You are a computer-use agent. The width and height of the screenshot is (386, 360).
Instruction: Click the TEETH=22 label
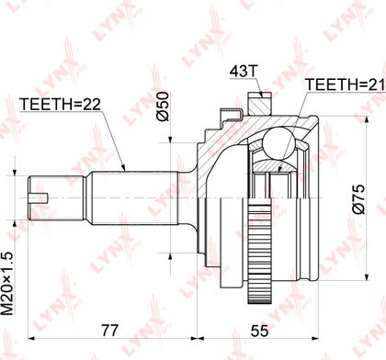[60, 105]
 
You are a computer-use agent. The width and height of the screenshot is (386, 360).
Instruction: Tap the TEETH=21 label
[346, 84]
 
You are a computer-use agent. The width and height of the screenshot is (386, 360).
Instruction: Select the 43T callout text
[243, 72]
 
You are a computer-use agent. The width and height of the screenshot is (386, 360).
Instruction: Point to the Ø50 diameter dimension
[164, 107]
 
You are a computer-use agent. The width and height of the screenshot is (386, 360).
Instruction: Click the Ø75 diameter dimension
[358, 198]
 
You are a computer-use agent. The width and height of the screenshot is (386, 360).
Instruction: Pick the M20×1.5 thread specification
[8, 283]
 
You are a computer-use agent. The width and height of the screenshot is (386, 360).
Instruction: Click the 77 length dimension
[109, 331]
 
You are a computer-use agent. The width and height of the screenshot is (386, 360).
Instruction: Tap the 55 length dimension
[259, 331]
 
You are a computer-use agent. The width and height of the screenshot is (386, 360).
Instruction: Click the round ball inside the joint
[278, 142]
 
